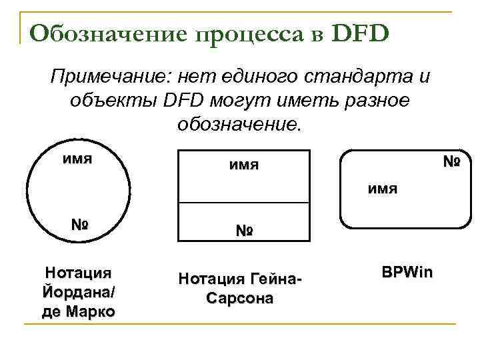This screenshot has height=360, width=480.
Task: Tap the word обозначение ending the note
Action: [x=239, y=124]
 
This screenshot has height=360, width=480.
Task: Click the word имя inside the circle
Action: [x=77, y=159]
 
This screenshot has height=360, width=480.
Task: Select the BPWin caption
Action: [x=407, y=272]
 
